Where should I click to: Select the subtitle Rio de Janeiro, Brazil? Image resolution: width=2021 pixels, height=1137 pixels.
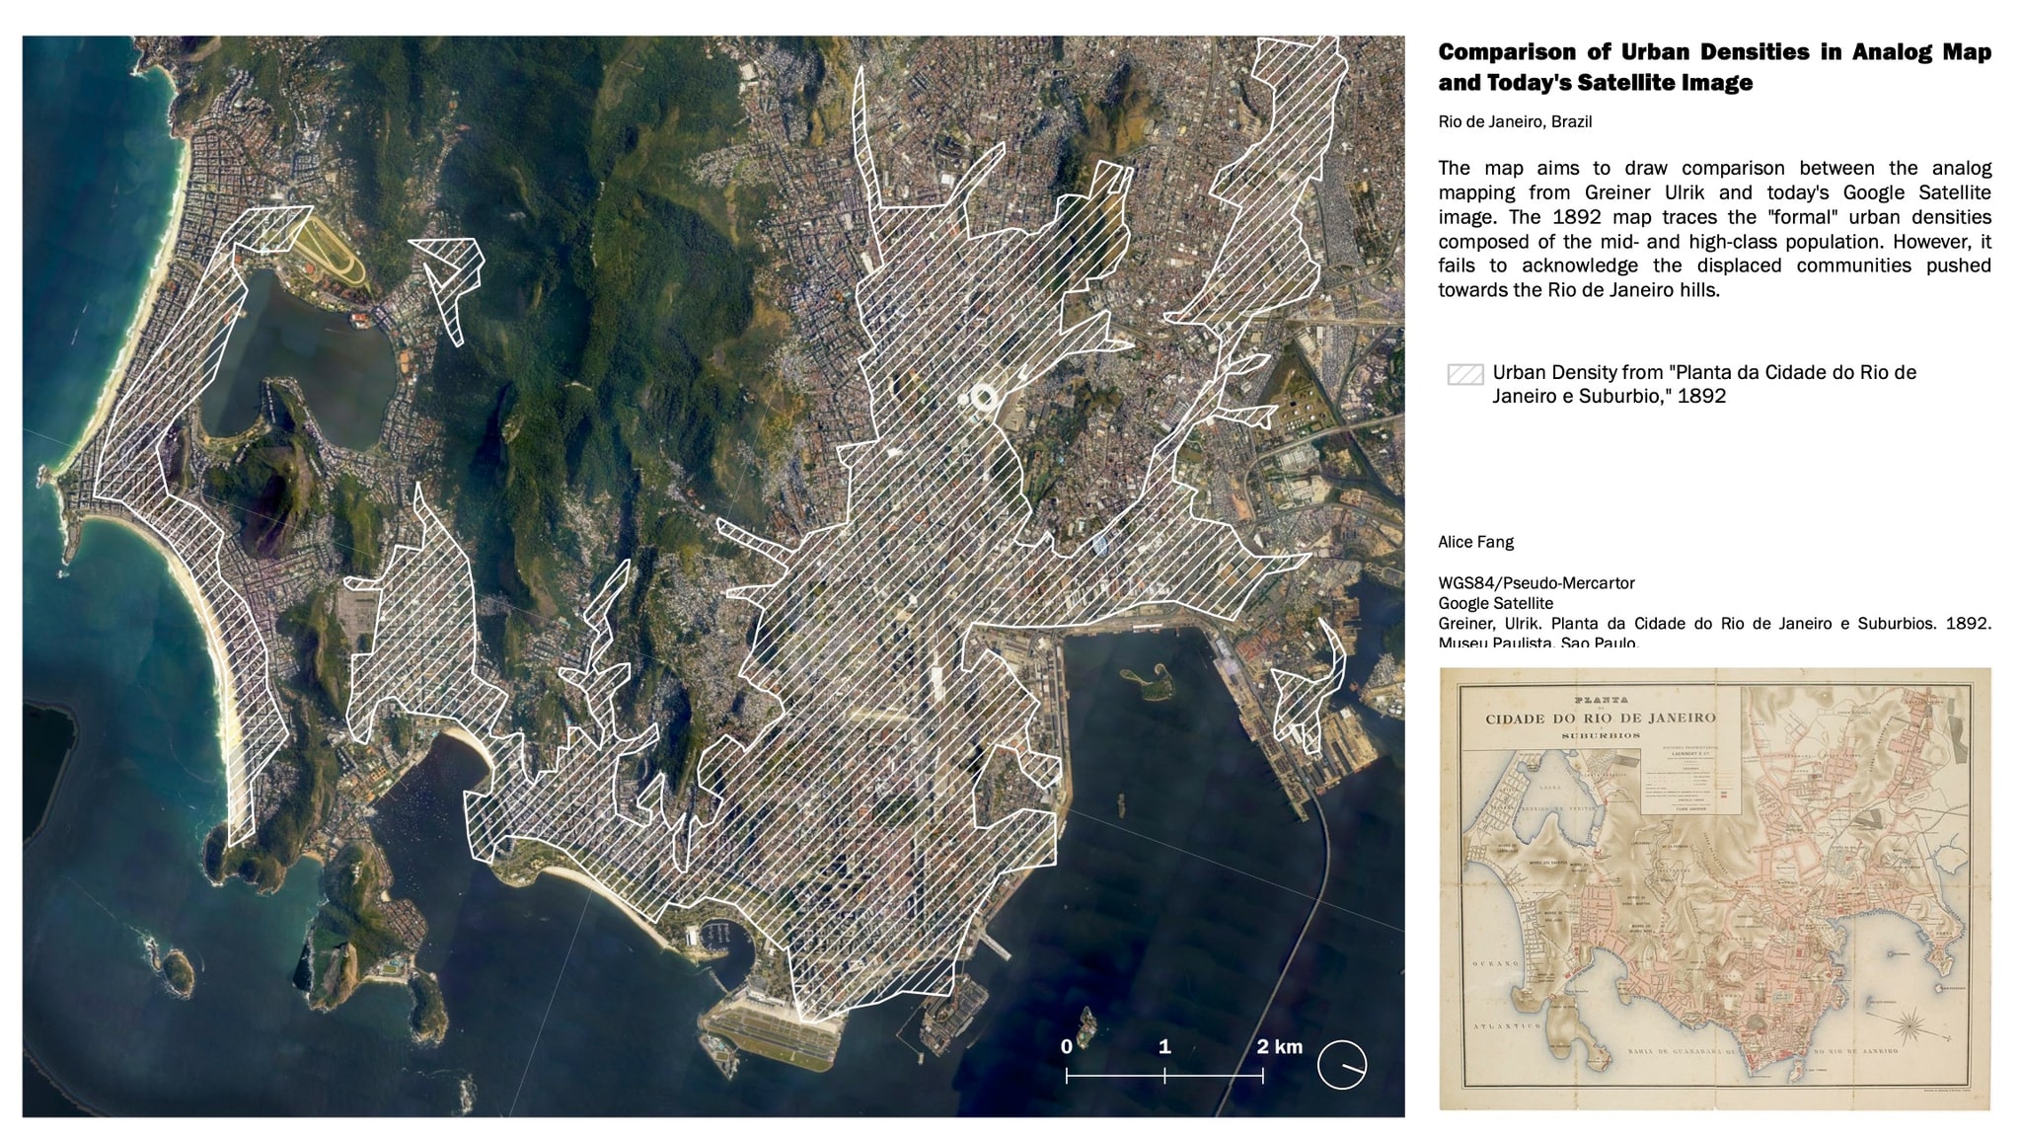(1515, 121)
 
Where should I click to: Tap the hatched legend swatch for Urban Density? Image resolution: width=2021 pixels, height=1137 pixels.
(1464, 374)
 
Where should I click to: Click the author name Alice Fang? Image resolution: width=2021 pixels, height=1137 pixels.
(1475, 542)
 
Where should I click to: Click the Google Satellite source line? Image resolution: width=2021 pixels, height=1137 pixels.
(1495, 603)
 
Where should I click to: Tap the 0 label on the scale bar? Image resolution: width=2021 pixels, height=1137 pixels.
(1067, 1047)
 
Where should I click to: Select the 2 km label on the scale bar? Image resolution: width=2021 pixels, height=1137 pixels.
(1279, 1047)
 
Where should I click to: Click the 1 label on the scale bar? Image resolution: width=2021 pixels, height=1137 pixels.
(1164, 1047)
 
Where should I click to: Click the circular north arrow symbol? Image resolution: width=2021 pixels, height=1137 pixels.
(1342, 1065)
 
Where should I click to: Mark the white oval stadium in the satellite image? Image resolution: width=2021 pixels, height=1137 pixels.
(984, 398)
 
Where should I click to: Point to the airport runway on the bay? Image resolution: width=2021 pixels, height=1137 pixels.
(770, 1042)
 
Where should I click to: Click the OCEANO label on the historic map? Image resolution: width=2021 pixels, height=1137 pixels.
(1492, 963)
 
